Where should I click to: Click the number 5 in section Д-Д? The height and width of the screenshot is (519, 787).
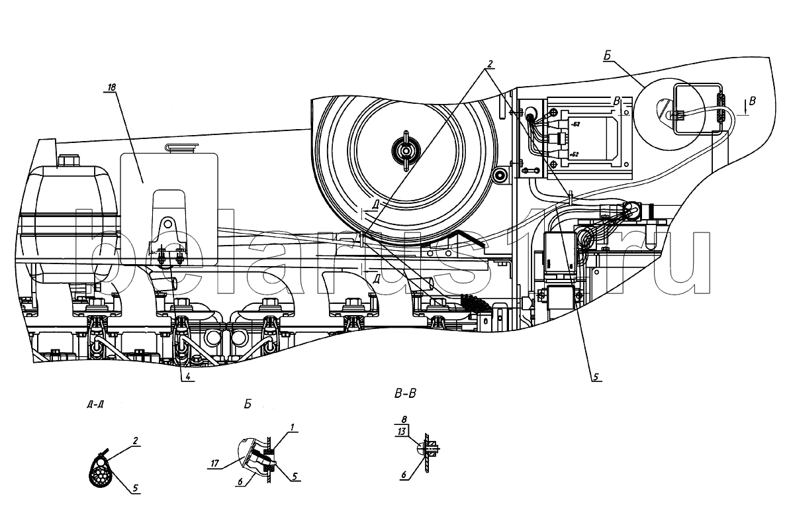click(x=136, y=489)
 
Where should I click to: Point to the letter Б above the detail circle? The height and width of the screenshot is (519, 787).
click(x=606, y=58)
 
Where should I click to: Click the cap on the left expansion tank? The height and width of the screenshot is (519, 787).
click(x=67, y=161)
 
